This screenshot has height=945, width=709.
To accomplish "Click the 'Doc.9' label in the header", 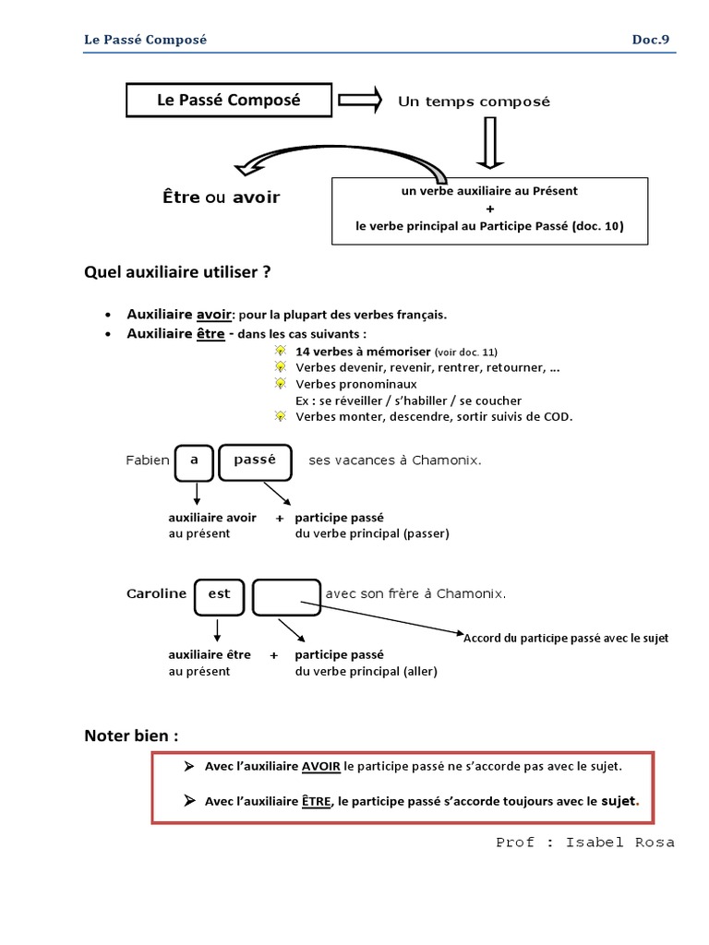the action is pyautogui.click(x=651, y=40).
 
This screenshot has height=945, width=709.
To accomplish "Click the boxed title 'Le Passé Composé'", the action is pyautogui.click(x=229, y=100).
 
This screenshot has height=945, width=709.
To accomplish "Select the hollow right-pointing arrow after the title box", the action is pyautogui.click(x=360, y=100).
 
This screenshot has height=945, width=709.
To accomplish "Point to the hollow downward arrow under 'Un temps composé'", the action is pyautogui.click(x=490, y=142).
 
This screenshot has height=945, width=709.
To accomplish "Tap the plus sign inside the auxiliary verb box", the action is pyautogui.click(x=489, y=209).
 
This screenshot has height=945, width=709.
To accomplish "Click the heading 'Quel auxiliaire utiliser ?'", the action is pyautogui.click(x=177, y=272).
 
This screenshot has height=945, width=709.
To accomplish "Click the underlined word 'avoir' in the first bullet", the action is pyautogui.click(x=214, y=315).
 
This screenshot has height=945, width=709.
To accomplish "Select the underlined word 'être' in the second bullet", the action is pyautogui.click(x=210, y=334).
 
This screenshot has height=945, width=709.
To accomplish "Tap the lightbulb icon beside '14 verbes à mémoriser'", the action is pyautogui.click(x=281, y=351).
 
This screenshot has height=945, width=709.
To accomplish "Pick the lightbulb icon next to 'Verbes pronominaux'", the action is pyautogui.click(x=281, y=383).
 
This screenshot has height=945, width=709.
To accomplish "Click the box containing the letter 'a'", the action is pyautogui.click(x=194, y=463).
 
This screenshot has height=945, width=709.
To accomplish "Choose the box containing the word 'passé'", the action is pyautogui.click(x=255, y=463).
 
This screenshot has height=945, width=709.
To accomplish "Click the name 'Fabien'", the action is pyautogui.click(x=148, y=461).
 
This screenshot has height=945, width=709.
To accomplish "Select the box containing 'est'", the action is pyautogui.click(x=220, y=597).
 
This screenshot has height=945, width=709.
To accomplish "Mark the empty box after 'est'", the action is pyautogui.click(x=286, y=597).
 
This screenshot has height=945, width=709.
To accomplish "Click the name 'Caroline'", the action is pyautogui.click(x=157, y=593).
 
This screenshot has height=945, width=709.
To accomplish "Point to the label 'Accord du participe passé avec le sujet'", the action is pyautogui.click(x=566, y=639).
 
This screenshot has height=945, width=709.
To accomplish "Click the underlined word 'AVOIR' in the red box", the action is pyautogui.click(x=320, y=767).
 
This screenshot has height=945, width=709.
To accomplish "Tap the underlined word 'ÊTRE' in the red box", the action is pyautogui.click(x=317, y=801).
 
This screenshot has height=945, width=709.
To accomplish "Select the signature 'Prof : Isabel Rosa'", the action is pyautogui.click(x=584, y=843).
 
